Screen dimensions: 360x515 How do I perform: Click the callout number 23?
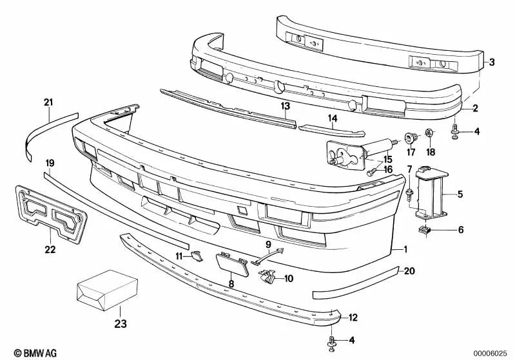pyautogui.click(x=121, y=324)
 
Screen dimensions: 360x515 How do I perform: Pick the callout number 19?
pyautogui.click(x=50, y=162)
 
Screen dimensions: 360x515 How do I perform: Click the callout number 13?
pyautogui.click(x=285, y=105)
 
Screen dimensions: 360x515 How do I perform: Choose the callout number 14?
pyautogui.click(x=333, y=118)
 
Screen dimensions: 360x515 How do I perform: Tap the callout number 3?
pyautogui.click(x=491, y=62)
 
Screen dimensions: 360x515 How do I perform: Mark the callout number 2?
pyautogui.click(x=475, y=108)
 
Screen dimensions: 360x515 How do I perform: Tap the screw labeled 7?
pyautogui.click(x=410, y=192)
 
